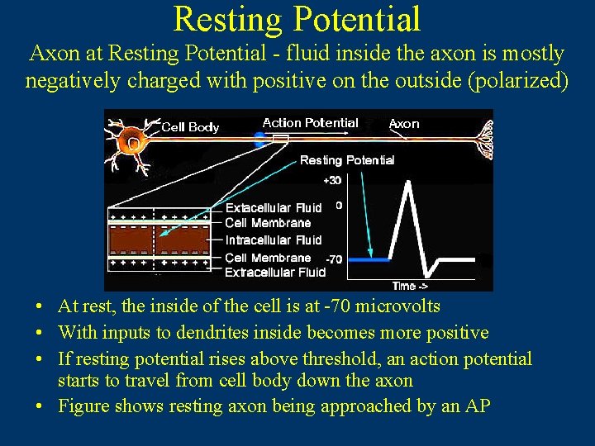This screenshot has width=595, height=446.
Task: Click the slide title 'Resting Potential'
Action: (x=297, y=20)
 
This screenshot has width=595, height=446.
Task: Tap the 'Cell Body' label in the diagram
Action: (x=190, y=127)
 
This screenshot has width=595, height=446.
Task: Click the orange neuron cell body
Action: (x=131, y=142)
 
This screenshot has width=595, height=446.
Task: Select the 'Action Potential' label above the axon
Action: (x=310, y=123)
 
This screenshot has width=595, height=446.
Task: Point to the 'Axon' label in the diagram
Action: (x=404, y=124)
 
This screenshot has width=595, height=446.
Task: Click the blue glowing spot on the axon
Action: (x=260, y=139)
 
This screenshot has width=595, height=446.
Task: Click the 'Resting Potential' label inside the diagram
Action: (x=347, y=160)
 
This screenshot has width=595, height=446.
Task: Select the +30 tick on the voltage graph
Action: (x=332, y=180)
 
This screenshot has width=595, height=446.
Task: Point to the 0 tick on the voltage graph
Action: (x=339, y=205)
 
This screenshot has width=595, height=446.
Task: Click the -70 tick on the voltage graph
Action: (x=333, y=259)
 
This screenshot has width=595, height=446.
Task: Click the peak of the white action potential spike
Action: (x=407, y=183)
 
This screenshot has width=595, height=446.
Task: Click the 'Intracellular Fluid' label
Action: (x=274, y=240)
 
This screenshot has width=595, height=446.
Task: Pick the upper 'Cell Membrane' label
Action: (x=268, y=223)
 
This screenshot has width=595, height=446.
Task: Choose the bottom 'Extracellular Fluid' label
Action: (x=275, y=272)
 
